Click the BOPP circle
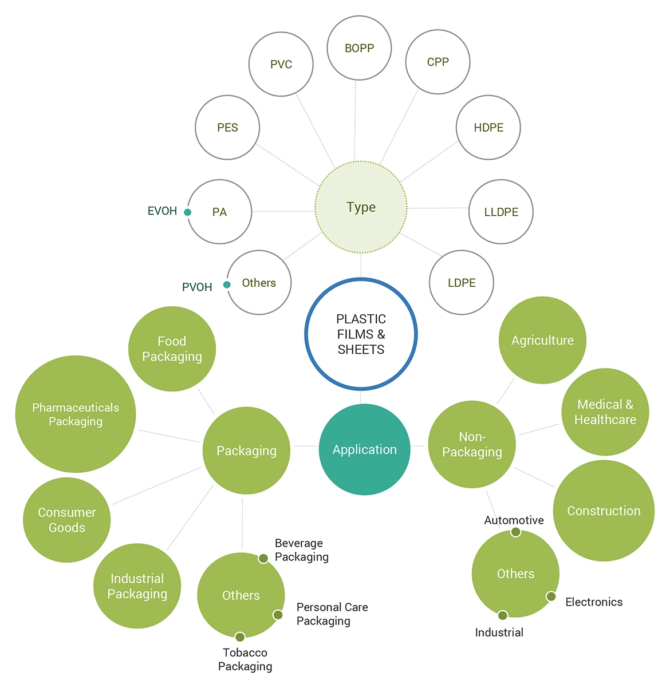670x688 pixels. [359, 48]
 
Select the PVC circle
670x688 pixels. [281, 64]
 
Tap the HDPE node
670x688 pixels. [488, 127]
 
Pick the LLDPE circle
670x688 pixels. [501, 212]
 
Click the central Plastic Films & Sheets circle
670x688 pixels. [361, 334]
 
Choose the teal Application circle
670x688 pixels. [364, 449]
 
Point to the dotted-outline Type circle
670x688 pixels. [361, 207]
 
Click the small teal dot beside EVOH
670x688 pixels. [187, 212]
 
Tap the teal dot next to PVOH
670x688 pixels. [227, 284]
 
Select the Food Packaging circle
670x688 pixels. [172, 349]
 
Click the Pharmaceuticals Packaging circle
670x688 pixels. [76, 414]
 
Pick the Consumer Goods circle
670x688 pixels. [66, 520]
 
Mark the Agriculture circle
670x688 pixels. [542, 340]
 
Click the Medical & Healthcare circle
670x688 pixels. [605, 412]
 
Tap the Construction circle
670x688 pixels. [604, 511]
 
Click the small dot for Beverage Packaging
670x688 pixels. [263, 558]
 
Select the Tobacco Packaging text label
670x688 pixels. [245, 659]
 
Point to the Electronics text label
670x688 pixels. [594, 602]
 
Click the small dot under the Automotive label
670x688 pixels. [515, 532]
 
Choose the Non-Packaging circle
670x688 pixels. [472, 444]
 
